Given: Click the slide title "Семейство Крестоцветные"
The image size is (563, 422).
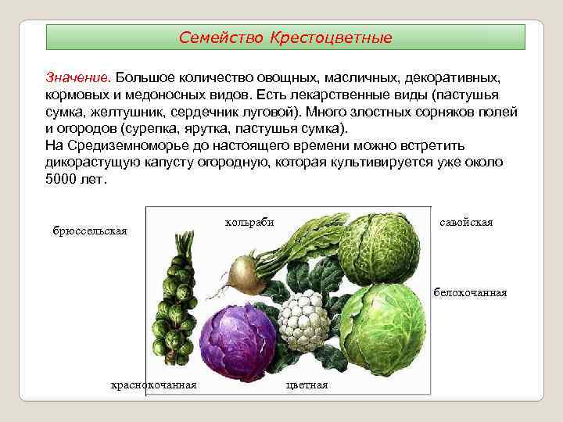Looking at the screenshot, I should coord(285,38).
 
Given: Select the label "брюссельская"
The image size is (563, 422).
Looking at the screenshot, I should coord(89,231).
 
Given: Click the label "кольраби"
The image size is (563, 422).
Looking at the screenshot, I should coord(249,222).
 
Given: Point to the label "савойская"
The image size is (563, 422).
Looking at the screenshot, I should coord(466,223).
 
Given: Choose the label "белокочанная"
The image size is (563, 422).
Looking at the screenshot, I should coord(470,292).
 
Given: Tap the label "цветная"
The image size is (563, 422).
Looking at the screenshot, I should coord(307,384).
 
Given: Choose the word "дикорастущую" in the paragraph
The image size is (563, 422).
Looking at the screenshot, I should coord(93,162).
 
